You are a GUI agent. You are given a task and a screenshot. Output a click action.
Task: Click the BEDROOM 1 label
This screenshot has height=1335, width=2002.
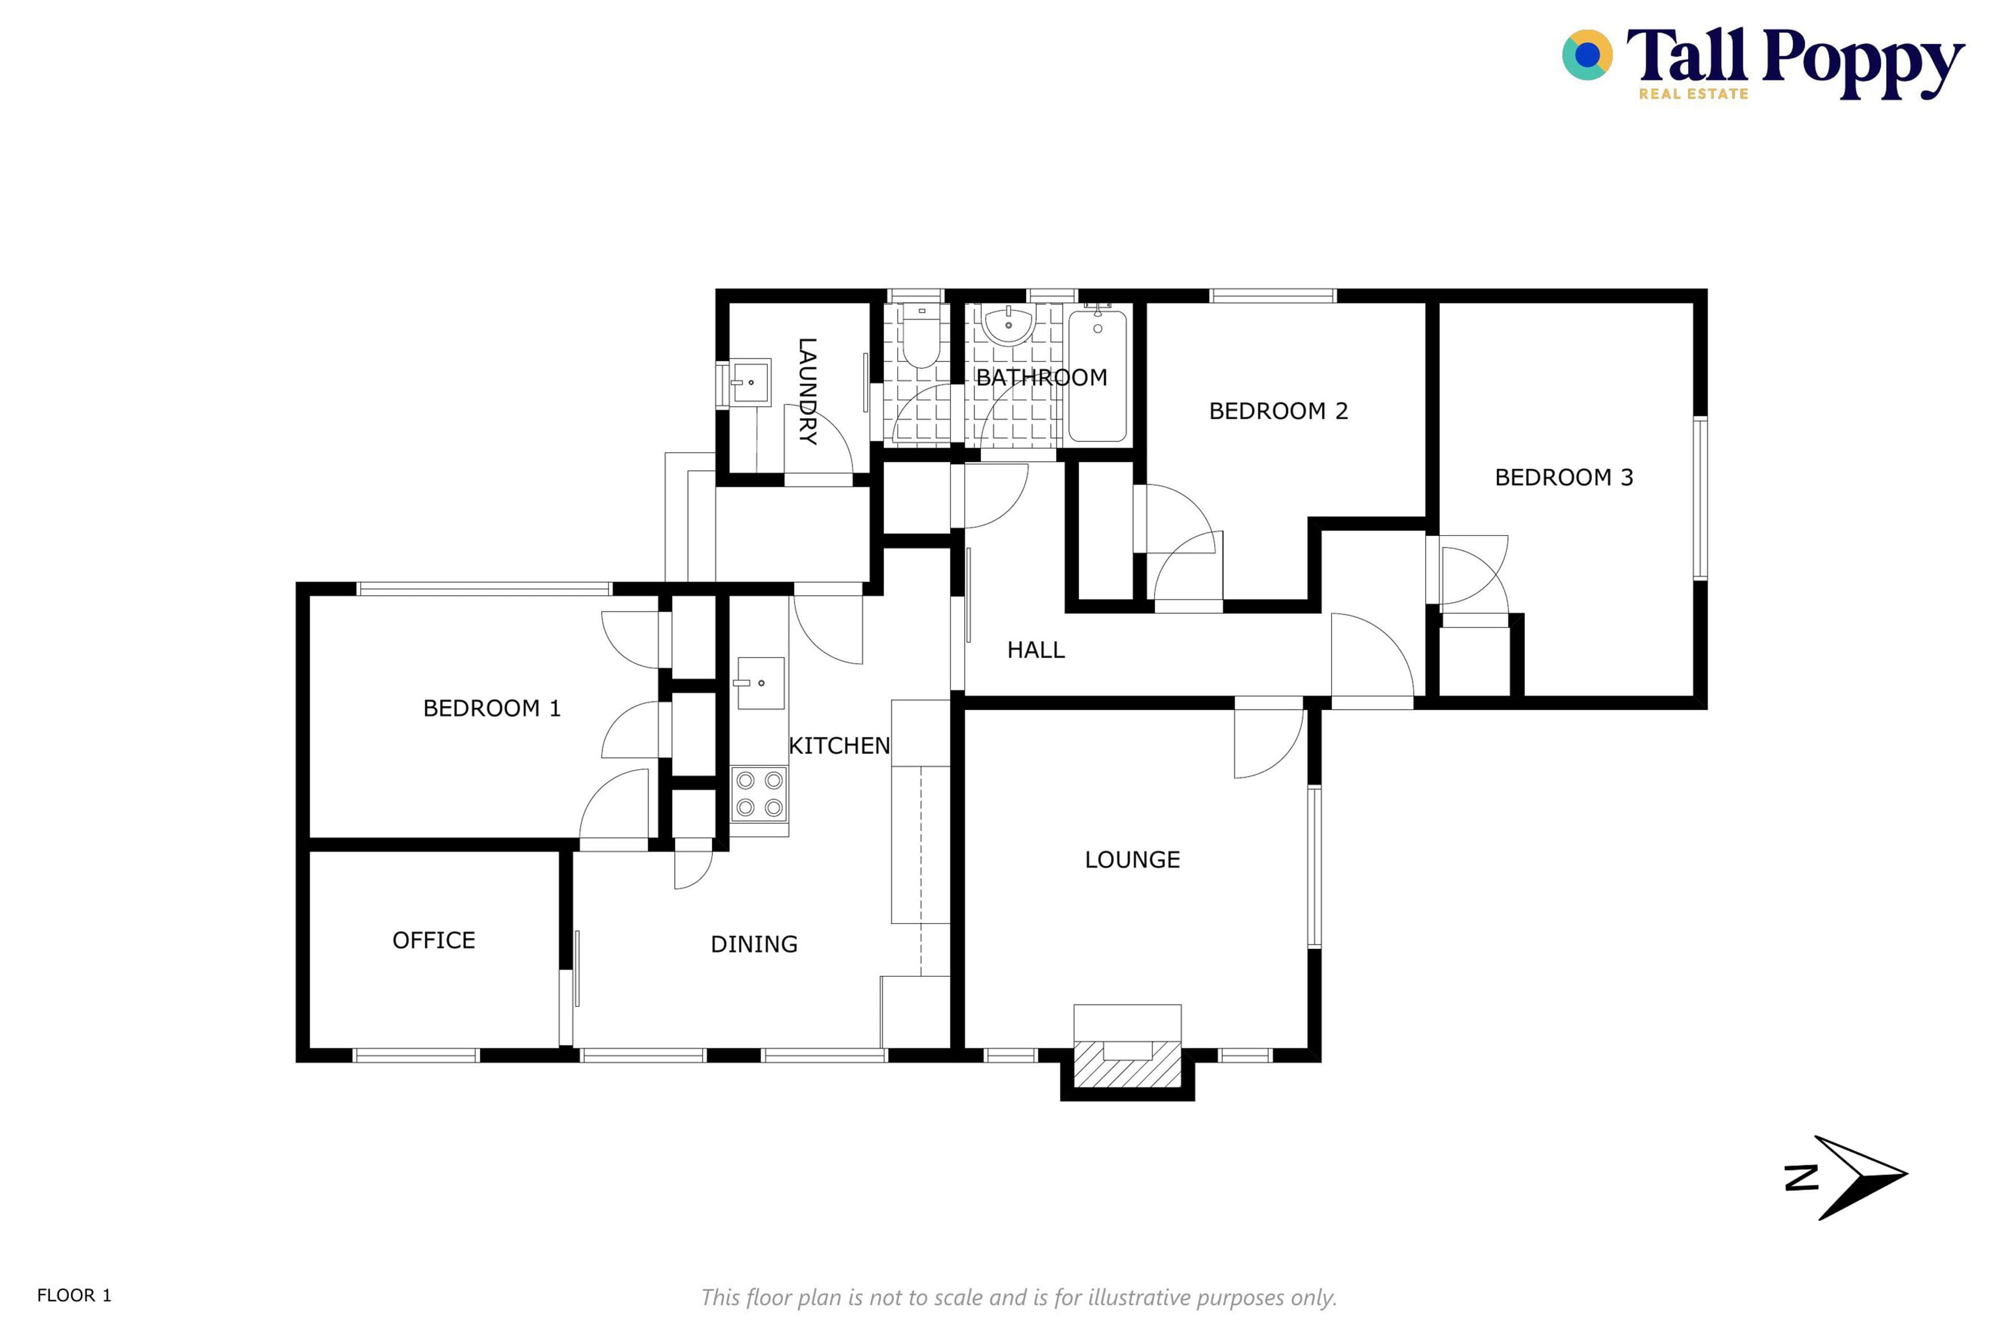tap(492, 708)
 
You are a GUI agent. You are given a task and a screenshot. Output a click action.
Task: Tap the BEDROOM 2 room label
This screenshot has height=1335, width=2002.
tap(1278, 411)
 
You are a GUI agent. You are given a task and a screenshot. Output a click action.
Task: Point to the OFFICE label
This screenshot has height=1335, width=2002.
tap(434, 940)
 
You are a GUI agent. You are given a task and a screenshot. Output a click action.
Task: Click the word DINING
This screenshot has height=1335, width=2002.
tap(754, 944)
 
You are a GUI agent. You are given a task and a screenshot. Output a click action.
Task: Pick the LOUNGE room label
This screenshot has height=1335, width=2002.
tap(1132, 860)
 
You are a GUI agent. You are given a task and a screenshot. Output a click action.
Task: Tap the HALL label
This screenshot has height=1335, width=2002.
tap(1036, 650)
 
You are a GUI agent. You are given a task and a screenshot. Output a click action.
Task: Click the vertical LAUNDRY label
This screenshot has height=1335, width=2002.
tap(807, 392)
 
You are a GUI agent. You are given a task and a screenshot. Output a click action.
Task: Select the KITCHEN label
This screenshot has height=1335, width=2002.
tap(839, 746)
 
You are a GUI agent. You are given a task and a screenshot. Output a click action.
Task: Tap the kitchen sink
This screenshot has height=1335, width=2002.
tap(760, 683)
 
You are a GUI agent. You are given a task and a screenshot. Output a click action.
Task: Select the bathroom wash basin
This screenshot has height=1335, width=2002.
tap(1009, 325)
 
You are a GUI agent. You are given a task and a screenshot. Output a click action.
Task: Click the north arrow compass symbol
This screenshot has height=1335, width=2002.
tap(1847, 1179)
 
